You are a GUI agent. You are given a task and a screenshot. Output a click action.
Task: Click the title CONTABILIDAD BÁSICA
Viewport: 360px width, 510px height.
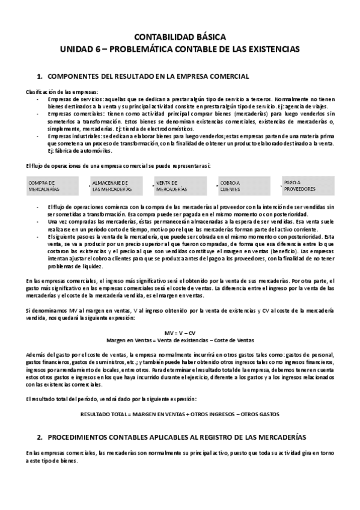coord(180,37)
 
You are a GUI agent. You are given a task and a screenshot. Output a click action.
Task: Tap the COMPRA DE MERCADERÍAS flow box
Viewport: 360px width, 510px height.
coord(52,185)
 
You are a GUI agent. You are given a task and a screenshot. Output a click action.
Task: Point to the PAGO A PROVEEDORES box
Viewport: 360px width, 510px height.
coord(305,185)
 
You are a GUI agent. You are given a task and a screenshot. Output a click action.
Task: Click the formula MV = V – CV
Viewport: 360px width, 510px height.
coord(180,332)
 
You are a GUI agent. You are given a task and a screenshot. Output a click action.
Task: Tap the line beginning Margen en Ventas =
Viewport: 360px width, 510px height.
coord(180,340)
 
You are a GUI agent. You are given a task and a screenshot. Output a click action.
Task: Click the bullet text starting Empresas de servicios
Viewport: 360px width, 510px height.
coord(180,100)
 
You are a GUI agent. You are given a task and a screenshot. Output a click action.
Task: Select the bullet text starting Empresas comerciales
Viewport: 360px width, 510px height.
coord(180,120)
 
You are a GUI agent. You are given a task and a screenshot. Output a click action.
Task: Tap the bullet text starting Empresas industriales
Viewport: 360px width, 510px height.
coord(180,143)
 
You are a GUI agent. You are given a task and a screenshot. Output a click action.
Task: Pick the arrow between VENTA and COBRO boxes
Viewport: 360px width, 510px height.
coord(210,185)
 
